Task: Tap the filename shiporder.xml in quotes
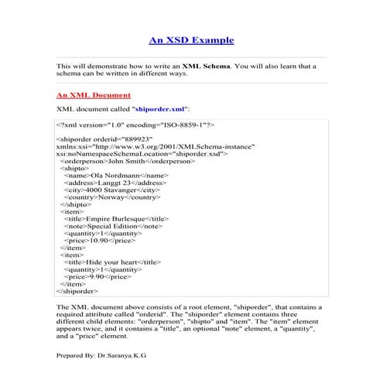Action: click(161, 110)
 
